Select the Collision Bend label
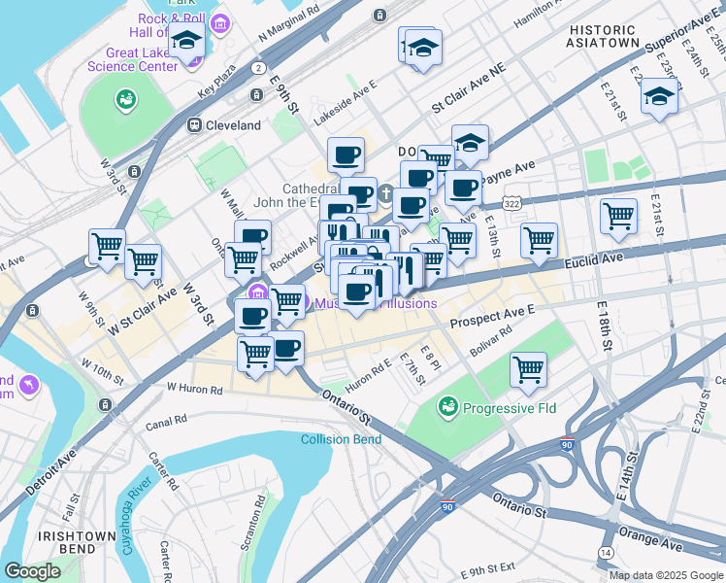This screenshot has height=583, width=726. [x=341, y=439]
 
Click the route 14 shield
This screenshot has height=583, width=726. [x=606, y=552]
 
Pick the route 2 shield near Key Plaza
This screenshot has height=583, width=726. [x=258, y=68]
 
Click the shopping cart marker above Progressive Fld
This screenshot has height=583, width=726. [x=528, y=368]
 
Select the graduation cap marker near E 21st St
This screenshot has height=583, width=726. [x=659, y=96]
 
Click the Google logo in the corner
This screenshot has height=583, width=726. [x=32, y=571]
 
